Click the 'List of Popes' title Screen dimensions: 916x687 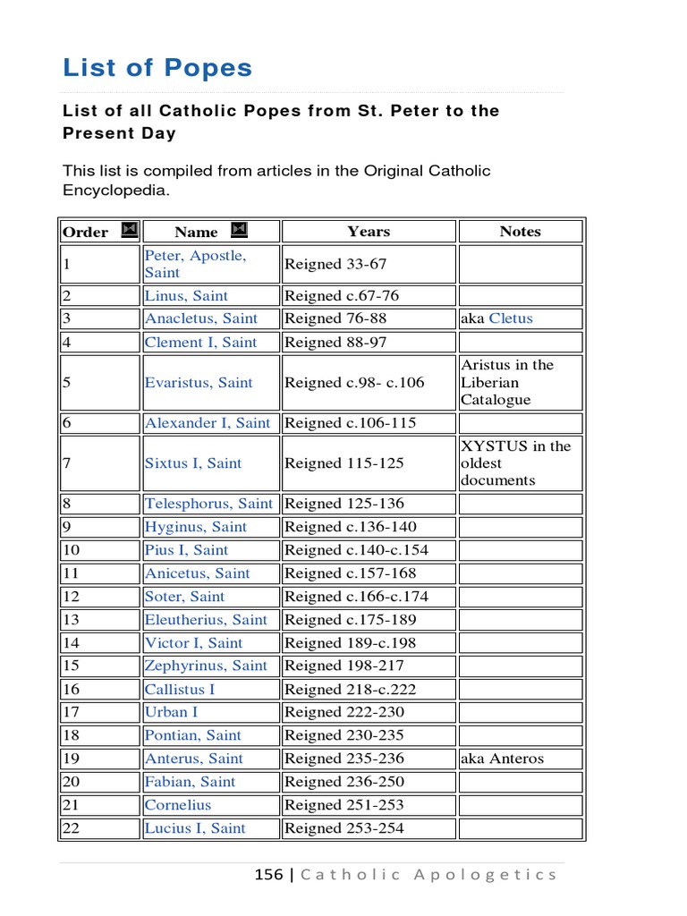point(157,68)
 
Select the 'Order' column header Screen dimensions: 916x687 point(85,233)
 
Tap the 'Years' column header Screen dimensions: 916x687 point(369,232)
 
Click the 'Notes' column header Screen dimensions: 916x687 point(520,232)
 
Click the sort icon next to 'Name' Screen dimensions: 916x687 point(239,231)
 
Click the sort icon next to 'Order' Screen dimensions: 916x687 point(129,231)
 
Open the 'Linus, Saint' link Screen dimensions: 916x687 point(186,296)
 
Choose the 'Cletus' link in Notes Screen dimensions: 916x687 point(511,318)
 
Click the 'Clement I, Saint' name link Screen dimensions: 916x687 point(200,342)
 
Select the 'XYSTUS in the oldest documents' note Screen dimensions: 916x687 point(515,463)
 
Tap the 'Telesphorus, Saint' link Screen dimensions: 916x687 point(208,504)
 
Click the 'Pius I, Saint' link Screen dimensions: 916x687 point(186,550)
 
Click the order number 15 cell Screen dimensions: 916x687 point(71,666)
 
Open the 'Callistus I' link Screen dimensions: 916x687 point(180,690)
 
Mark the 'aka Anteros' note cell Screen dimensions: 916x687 point(502,759)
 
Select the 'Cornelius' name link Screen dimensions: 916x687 point(178,805)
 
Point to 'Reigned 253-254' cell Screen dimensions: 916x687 point(344,828)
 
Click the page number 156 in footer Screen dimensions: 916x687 point(268,875)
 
